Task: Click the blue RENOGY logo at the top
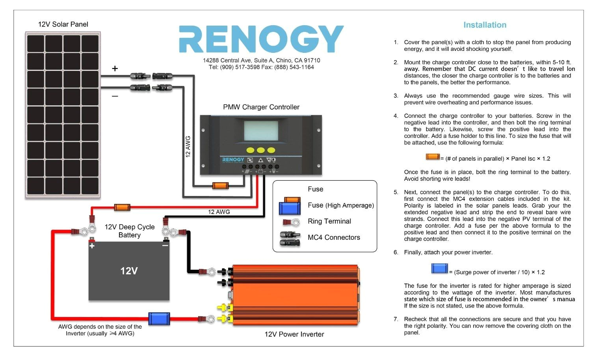point(261,39)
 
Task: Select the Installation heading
point(485,25)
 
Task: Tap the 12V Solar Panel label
point(63,24)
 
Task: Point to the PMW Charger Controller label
point(261,107)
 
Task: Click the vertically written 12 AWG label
point(188,147)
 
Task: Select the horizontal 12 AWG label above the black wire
point(219,212)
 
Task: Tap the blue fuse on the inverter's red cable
point(159,319)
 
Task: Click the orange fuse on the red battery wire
point(122,207)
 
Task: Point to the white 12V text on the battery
point(129,271)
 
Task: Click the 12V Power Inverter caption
point(294,334)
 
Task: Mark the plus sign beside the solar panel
point(115,69)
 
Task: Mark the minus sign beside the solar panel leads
point(115,96)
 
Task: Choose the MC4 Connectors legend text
point(334,237)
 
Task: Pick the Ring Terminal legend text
point(329,221)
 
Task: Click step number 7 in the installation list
point(396,319)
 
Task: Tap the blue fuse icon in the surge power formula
point(439,269)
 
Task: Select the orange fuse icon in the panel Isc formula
point(433,157)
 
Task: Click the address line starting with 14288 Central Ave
point(261,60)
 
